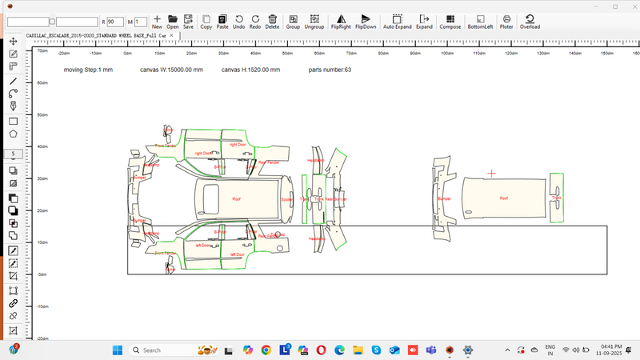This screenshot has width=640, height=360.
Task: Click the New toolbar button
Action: tap(157, 21)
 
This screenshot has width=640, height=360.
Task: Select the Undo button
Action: tap(239, 21)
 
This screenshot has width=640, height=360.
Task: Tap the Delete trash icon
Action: tap(273, 21)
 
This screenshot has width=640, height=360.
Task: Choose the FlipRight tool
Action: tap(342, 21)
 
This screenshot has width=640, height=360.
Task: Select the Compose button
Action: tap(450, 21)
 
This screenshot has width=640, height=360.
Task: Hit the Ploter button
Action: tap(506, 21)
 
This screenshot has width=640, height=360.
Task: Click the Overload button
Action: tap(530, 21)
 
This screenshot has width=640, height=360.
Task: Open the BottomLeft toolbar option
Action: tap(480, 21)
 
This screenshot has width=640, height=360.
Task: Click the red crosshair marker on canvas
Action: tap(491, 173)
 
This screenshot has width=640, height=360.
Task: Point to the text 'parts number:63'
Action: tap(330, 70)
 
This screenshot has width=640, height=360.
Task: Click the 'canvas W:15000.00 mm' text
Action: tap(172, 70)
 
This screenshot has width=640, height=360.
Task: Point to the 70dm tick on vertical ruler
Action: tap(44, 50)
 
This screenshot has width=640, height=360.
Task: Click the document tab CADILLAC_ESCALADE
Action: tap(96, 36)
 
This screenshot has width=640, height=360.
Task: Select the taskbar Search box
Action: tap(160, 350)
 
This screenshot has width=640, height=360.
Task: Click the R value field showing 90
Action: tap(114, 22)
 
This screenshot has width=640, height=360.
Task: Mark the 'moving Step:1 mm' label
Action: tap(88, 70)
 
